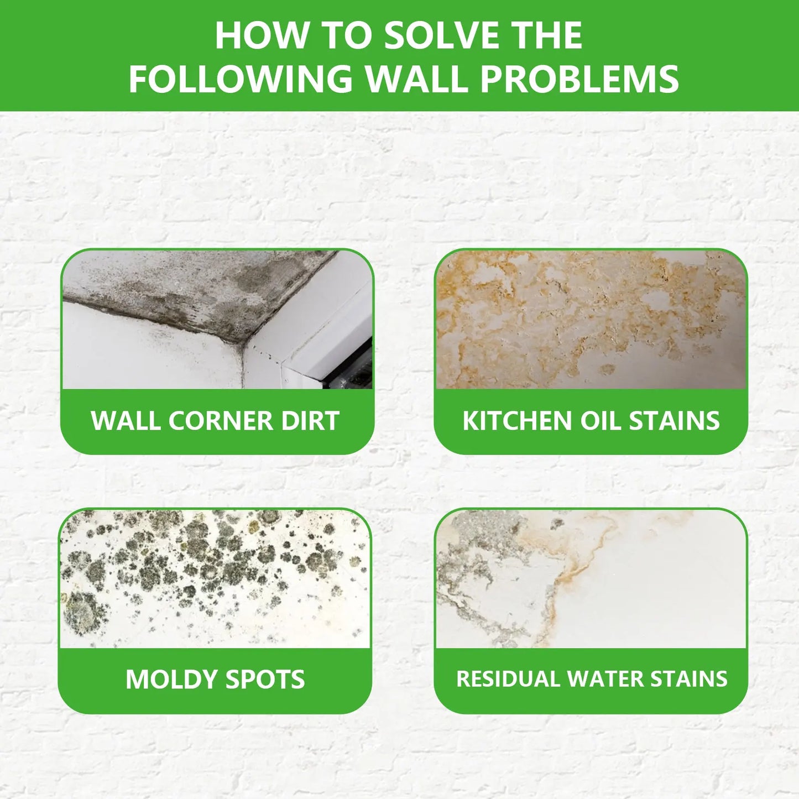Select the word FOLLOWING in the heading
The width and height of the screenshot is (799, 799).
(241, 78)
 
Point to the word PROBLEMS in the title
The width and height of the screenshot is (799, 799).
(579, 78)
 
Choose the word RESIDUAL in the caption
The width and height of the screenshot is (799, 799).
(508, 679)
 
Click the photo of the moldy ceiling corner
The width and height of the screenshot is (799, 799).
(217, 319)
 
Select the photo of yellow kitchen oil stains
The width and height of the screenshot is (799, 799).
(591, 319)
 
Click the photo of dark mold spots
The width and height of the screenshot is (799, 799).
(215, 578)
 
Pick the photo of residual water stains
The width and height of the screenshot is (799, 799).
(591, 578)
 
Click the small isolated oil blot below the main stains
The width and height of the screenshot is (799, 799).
(608, 368)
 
